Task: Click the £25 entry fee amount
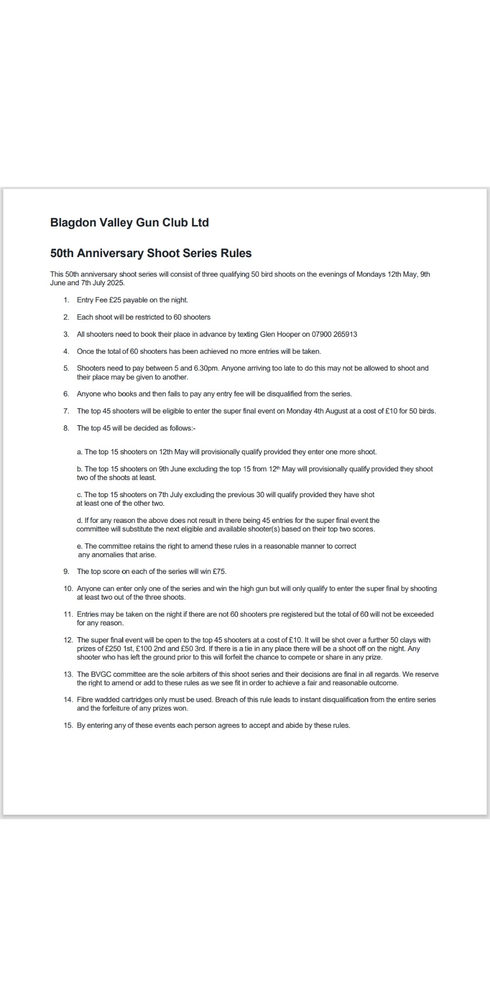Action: [115, 300]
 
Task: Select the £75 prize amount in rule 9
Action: [219, 572]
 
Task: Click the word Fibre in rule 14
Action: [85, 700]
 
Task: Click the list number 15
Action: [68, 726]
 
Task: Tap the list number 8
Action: [66, 428]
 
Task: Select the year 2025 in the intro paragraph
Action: [115, 283]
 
